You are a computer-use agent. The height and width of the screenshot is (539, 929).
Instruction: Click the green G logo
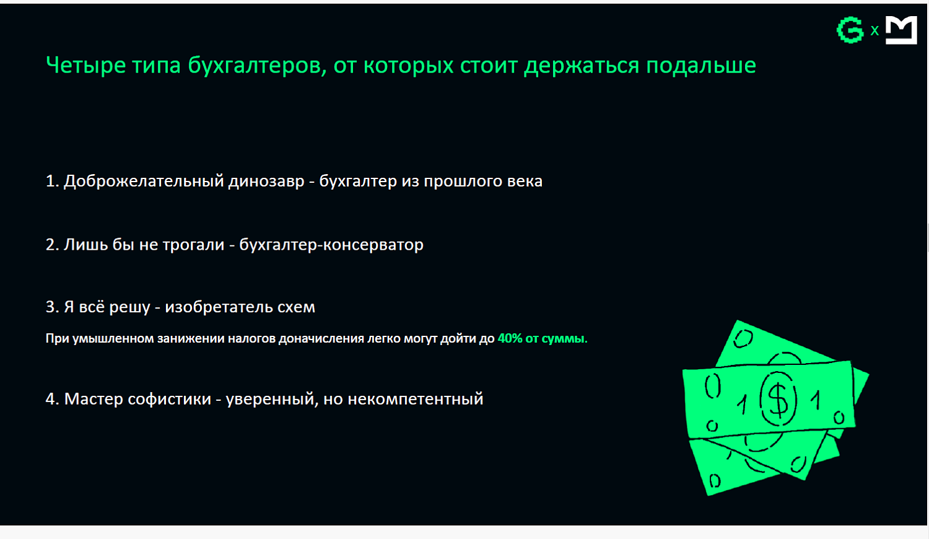[850, 30]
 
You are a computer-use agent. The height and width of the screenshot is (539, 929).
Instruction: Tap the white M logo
[901, 30]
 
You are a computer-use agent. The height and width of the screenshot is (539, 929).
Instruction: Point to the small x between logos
[874, 30]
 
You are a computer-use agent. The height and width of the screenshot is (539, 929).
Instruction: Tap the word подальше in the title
[701, 66]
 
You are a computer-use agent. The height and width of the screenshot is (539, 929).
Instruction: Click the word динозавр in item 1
[266, 182]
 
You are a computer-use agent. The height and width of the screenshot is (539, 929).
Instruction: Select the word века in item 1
[525, 182]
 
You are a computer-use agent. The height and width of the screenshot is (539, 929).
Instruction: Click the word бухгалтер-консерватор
[331, 245]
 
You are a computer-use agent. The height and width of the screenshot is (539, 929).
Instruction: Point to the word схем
[299, 307]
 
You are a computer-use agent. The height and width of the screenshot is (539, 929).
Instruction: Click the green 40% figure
[510, 339]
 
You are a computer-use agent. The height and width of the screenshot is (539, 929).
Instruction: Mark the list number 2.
[51, 245]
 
